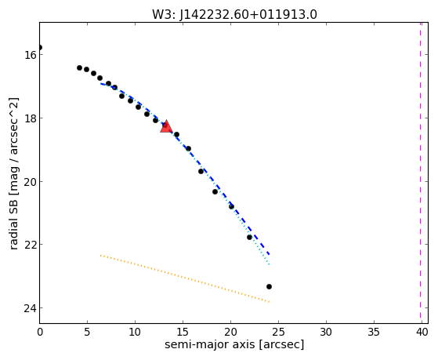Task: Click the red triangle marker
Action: [x=166, y=127]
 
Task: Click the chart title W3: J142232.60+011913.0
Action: [x=234, y=15]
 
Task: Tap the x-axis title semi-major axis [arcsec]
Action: [x=234, y=344]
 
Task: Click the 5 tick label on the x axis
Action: [x=88, y=332]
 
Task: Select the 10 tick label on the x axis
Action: [x=135, y=332]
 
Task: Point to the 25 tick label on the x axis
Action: [x=278, y=332]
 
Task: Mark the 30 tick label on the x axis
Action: [x=326, y=332]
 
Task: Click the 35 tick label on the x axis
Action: [x=374, y=332]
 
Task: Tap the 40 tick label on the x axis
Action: [x=422, y=332]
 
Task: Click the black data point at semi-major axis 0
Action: [x=40, y=47]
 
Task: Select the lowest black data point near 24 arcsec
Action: [x=269, y=287]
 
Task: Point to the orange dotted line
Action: [x=185, y=278]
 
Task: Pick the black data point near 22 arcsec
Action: [x=249, y=237]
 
